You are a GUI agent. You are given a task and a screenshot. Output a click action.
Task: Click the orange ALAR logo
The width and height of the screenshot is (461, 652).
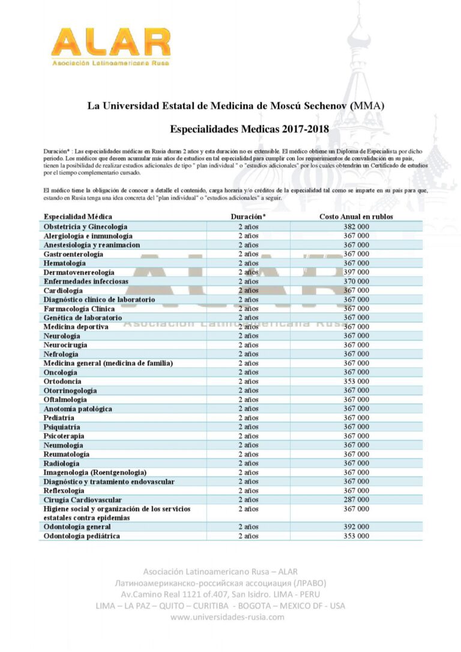[110, 44]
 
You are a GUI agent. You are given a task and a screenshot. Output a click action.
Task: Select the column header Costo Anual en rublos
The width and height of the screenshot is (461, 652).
[356, 216]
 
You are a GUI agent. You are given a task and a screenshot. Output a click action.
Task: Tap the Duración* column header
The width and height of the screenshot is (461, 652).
[248, 216]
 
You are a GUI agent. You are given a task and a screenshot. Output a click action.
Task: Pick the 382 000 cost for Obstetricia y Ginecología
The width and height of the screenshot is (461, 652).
[356, 227]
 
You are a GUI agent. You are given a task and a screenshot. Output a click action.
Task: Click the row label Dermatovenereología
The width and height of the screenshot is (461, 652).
[79, 272]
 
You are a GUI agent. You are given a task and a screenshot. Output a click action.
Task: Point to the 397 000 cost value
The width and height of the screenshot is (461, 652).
[356, 272]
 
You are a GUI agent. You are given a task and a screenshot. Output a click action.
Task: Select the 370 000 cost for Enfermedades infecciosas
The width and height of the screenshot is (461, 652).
[356, 281]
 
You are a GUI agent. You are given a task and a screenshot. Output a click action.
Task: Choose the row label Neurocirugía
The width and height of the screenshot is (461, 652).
[65, 345]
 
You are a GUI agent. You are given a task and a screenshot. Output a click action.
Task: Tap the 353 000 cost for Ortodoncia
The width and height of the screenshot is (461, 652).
[356, 382]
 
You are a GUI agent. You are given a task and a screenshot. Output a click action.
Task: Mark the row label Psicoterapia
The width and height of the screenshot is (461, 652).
[64, 436]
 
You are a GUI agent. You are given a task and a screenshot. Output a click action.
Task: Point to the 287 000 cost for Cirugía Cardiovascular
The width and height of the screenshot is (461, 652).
[356, 499]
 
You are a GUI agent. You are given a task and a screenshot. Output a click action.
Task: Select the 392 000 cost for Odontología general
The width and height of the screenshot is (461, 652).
[356, 527]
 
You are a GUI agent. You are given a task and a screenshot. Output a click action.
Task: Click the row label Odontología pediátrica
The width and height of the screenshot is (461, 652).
[82, 536]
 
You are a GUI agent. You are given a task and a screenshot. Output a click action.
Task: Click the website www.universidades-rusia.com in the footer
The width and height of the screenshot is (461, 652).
[227, 617]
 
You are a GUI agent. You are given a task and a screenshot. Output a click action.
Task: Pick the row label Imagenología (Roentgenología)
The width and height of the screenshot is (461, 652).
[95, 472]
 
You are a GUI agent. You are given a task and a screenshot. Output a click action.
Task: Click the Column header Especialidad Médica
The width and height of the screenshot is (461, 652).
[78, 216]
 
